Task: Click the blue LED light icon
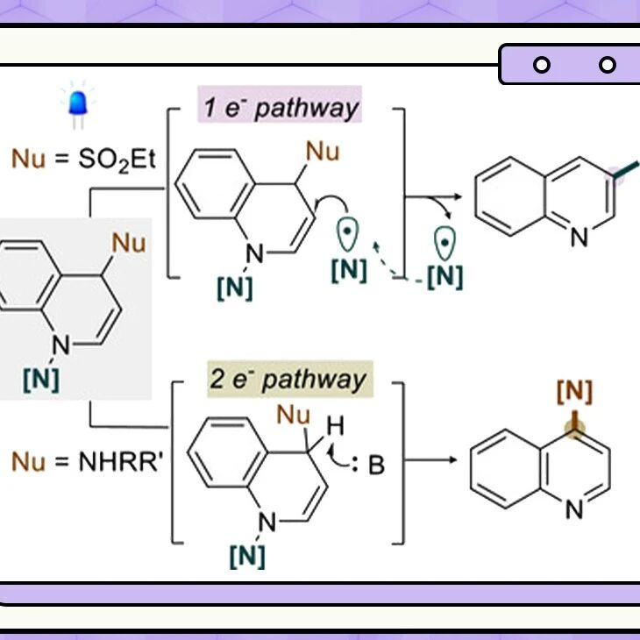78,105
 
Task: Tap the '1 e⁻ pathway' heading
281,108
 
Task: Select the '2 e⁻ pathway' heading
288,380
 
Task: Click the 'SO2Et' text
117,159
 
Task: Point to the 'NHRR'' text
120,462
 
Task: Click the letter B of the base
376,465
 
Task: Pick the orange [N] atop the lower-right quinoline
574,391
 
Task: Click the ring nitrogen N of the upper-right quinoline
580,237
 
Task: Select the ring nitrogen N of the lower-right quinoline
574,509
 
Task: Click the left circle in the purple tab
542,65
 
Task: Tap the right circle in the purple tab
608,65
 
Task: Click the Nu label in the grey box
129,243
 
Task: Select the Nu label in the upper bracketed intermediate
323,152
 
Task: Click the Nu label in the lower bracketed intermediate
293,415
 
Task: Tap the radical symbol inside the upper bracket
347,234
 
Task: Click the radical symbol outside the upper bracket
444,243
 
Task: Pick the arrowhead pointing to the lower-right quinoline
453,460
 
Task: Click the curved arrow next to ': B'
334,457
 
